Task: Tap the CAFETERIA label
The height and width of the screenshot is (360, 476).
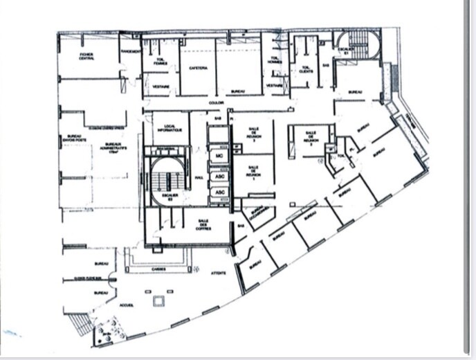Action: click(197, 69)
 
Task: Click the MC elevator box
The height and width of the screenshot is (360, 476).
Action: click(219, 157)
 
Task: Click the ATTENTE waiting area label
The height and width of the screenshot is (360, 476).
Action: click(218, 273)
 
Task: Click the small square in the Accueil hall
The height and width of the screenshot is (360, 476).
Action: click(161, 300)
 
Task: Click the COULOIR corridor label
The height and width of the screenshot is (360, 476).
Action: click(217, 103)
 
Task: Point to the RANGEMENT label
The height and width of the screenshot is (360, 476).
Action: click(131, 51)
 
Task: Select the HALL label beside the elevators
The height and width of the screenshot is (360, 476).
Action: click(198, 177)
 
